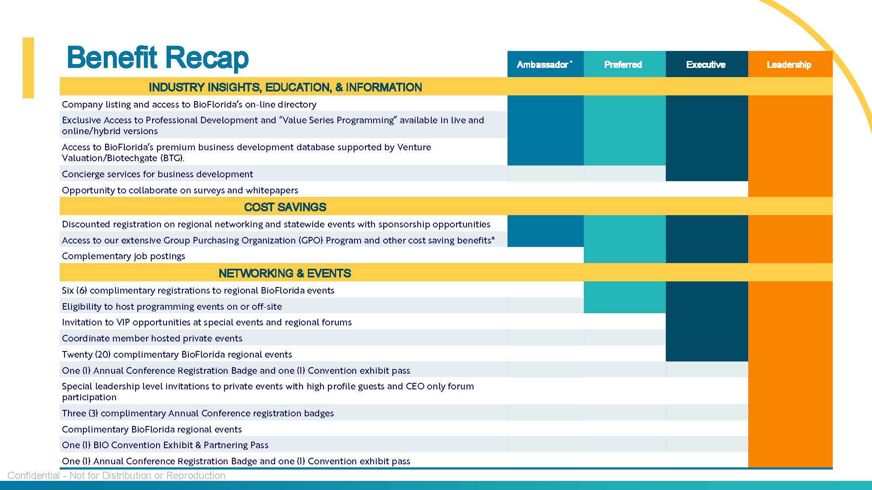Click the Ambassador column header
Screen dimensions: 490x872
coord(544,64)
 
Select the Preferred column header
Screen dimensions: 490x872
coord(623,64)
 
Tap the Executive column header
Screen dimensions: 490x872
coord(705,64)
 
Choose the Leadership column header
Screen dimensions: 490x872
coord(789,64)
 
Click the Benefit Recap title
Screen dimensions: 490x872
coord(157,57)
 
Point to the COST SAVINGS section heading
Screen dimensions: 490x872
coord(285,207)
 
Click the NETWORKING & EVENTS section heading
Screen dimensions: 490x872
coord(285,273)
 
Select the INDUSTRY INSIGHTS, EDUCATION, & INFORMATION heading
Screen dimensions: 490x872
coord(285,87)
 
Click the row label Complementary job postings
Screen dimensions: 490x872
coord(123,256)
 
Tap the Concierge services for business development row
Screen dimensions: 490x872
coord(157,174)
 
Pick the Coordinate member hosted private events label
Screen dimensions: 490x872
coord(152,338)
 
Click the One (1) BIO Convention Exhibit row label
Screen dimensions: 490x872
coord(165,445)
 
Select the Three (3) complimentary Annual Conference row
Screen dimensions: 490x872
coord(198,413)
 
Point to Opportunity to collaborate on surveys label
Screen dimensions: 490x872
coord(180,190)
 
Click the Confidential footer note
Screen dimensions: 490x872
coord(116,476)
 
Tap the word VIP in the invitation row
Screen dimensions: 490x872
coord(123,322)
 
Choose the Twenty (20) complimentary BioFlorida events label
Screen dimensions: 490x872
coord(177,355)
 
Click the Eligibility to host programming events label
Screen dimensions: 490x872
coord(172,307)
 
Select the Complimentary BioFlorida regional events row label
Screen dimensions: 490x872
coord(152,429)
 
